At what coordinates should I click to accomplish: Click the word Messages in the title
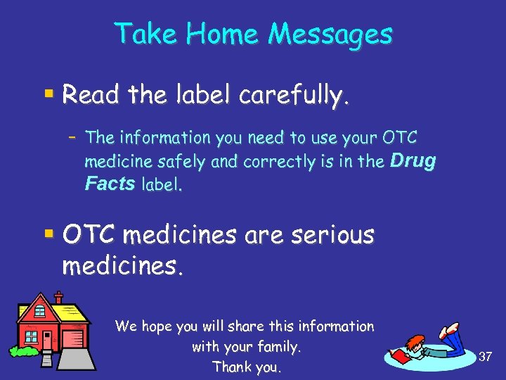pos(331,34)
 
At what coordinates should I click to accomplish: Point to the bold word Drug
pos(413,161)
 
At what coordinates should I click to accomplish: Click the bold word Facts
pos(110,184)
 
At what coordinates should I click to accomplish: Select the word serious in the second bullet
pos(330,235)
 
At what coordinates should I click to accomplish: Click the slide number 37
pos(485,357)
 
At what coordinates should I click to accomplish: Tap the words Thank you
pos(246,367)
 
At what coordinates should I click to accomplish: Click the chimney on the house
pos(58,298)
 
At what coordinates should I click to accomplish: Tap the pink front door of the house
pos(46,339)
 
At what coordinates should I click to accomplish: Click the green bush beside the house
pos(22,350)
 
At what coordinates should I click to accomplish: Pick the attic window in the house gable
pos(40,310)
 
